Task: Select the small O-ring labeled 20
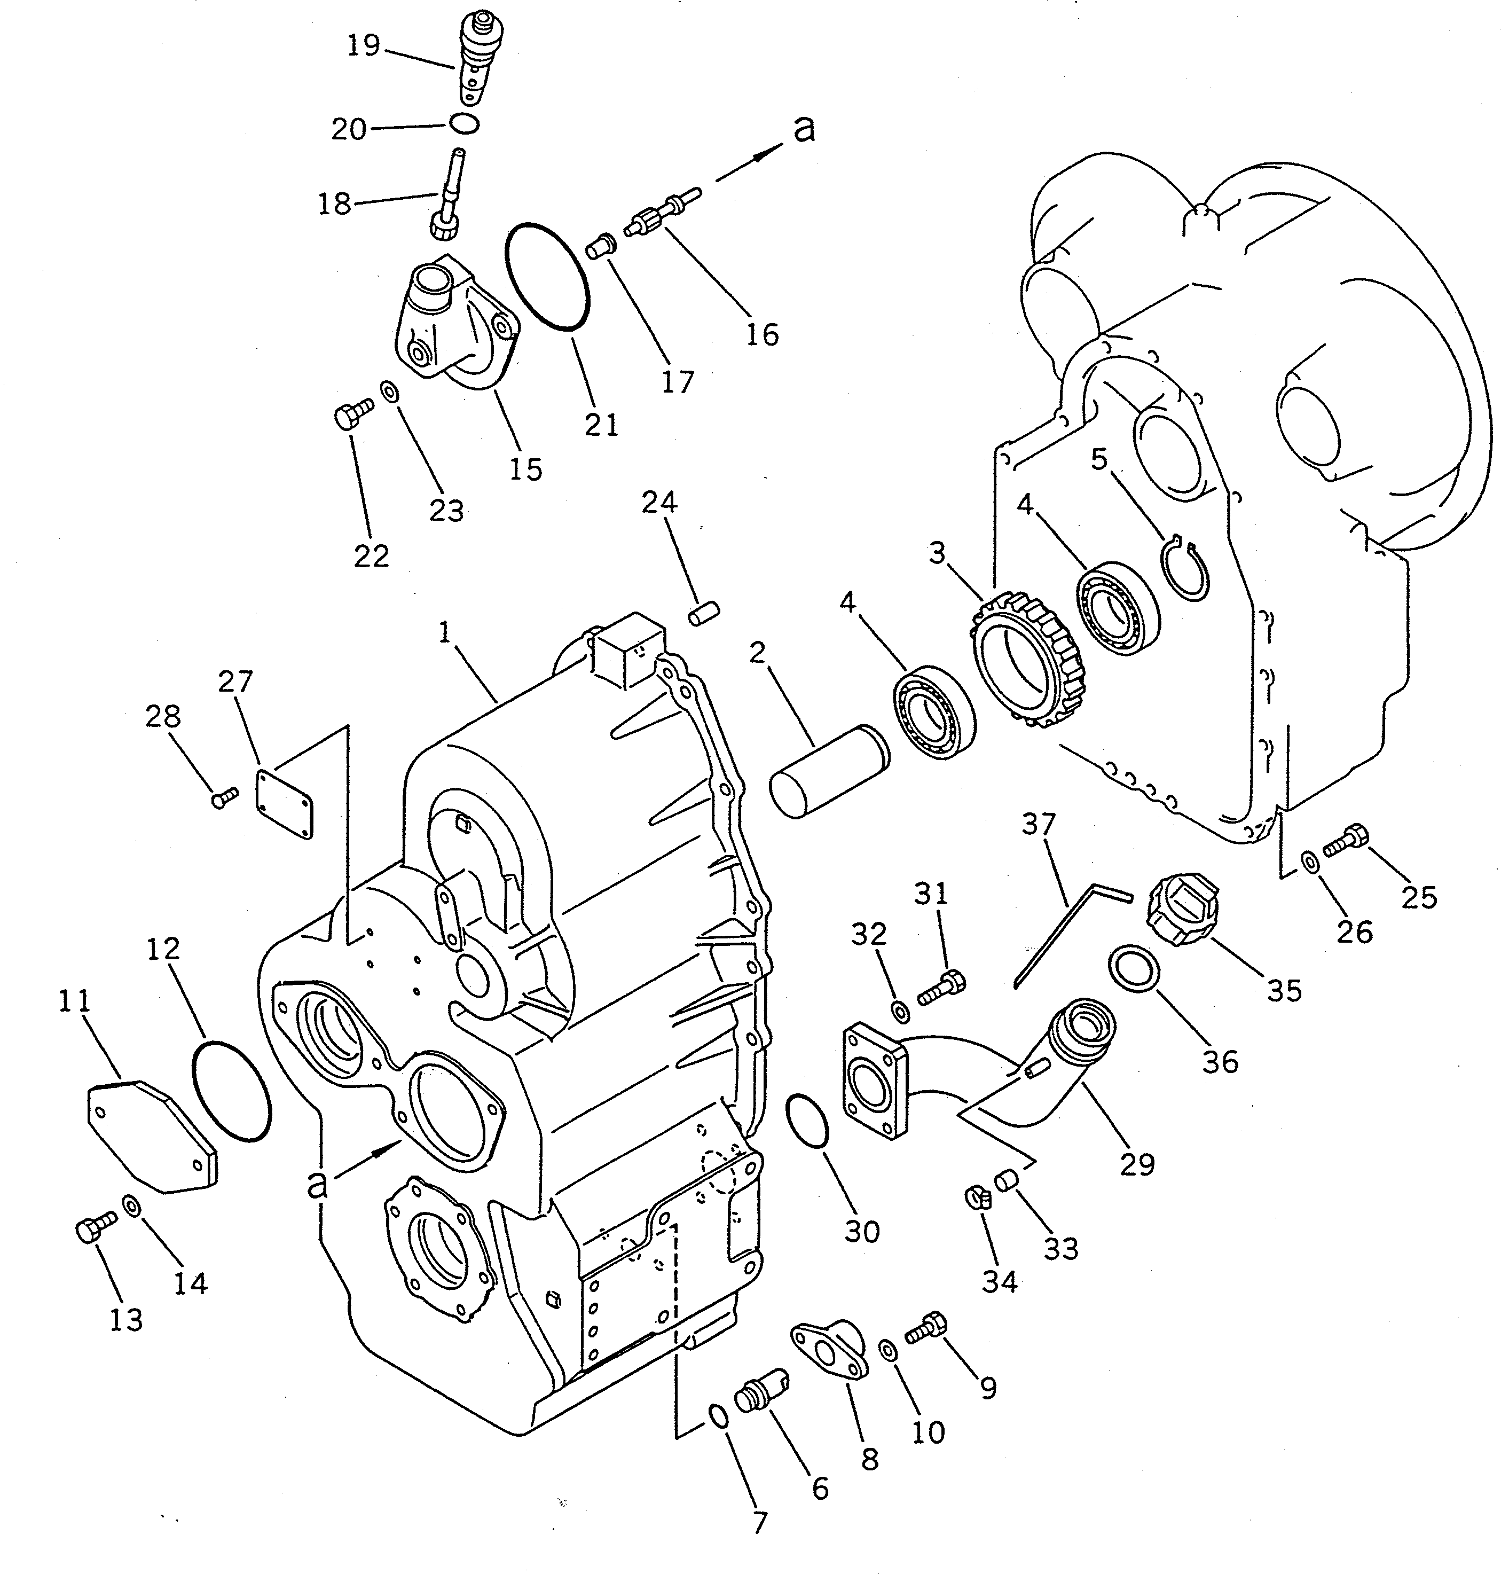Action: pyautogui.click(x=464, y=124)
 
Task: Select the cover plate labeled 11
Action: pyautogui.click(x=151, y=1136)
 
